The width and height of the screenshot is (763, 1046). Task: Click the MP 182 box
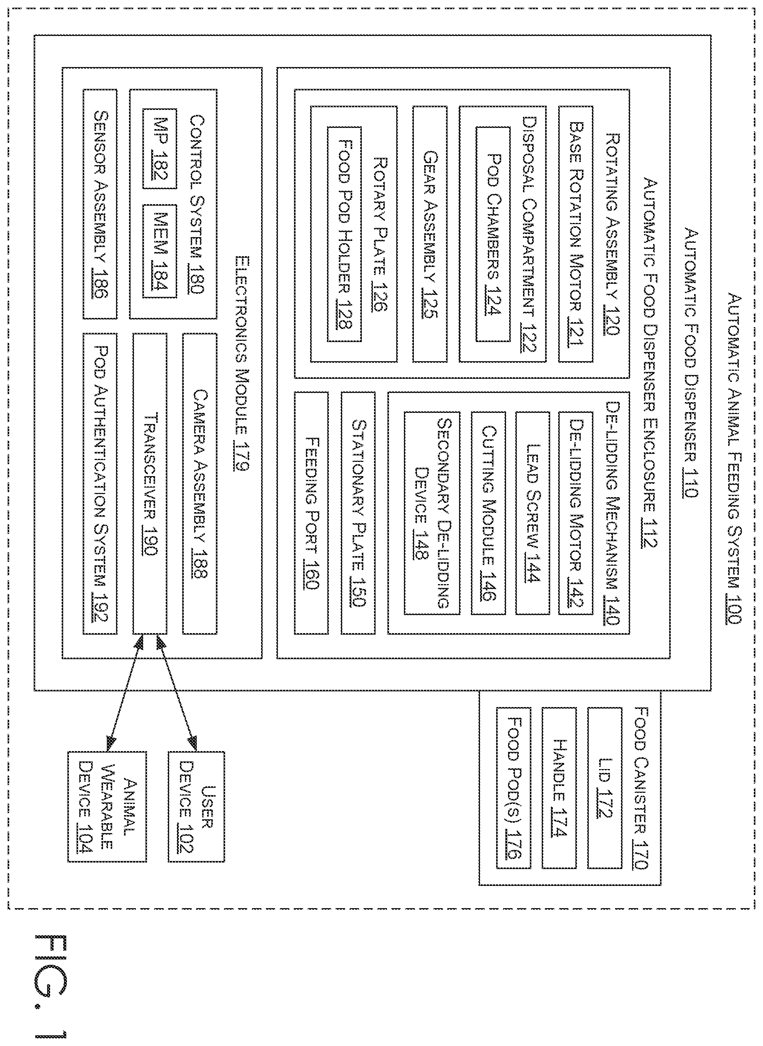(160, 148)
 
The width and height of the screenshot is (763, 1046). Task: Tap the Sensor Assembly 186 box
(100, 204)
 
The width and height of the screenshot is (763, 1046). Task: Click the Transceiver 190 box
(150, 483)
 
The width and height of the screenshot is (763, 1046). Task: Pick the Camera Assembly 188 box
(199, 483)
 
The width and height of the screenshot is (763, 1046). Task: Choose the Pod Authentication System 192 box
(100, 483)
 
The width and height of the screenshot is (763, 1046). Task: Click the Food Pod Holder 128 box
(345, 234)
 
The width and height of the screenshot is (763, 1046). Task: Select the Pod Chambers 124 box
(493, 234)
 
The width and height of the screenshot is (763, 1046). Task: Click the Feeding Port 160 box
(311, 513)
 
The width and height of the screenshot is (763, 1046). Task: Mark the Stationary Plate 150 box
(358, 513)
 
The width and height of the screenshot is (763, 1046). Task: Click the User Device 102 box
(196, 807)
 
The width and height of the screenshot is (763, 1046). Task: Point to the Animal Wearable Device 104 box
(107, 807)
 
